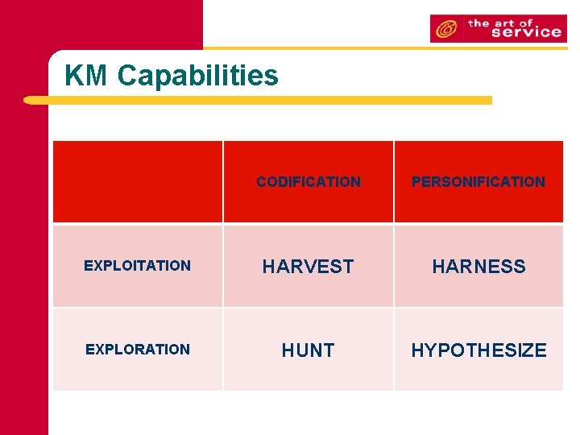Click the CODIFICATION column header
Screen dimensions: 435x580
(x=309, y=182)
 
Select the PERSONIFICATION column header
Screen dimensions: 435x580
(x=478, y=182)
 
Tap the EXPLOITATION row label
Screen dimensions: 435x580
(x=138, y=266)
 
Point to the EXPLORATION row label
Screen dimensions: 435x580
(x=138, y=350)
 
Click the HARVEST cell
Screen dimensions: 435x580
(x=309, y=267)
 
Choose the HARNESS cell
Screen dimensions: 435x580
(x=478, y=267)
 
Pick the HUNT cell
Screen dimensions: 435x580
(x=309, y=350)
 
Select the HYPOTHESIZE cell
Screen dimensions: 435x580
(x=478, y=350)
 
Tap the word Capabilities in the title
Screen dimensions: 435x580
(x=197, y=77)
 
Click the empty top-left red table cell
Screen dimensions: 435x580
(x=138, y=182)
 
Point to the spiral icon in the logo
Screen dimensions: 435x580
(x=445, y=29)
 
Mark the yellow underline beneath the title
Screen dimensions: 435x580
(x=258, y=101)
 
